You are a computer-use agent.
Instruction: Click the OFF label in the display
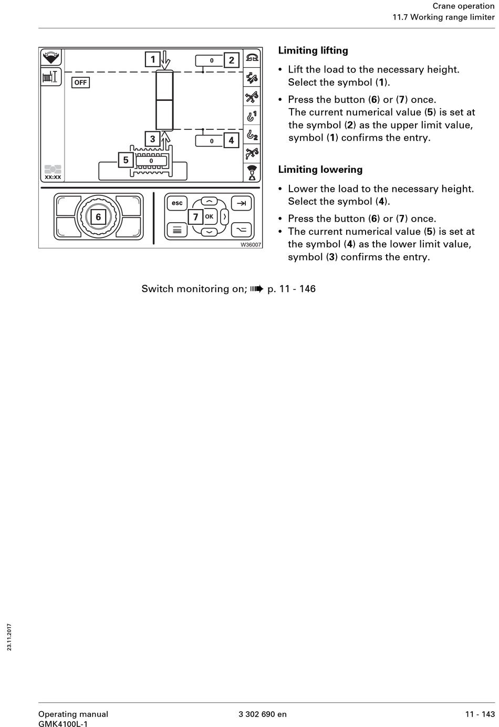pos(80,82)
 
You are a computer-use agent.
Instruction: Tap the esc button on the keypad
pos(177,203)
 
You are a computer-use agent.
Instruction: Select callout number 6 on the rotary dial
pos(98,217)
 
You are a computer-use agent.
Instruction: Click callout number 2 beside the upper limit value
pos(231,60)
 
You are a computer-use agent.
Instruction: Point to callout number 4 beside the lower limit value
pos(231,140)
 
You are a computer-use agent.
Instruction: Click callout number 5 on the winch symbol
pos(126,160)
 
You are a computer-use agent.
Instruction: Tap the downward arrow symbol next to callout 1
pos(166,60)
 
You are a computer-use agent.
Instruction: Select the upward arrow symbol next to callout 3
pos(166,140)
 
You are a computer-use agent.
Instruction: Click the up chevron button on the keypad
pos(209,202)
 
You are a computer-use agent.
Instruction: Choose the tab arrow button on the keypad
pos(241,203)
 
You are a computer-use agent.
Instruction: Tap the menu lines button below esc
pos(177,230)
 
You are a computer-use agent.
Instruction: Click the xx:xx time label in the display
pos(53,177)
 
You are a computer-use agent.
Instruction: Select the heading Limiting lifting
pos(313,50)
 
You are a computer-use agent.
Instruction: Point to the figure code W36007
pos(251,244)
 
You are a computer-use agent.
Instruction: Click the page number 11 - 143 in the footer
pos(480,714)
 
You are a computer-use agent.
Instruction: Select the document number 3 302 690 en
pos(263,714)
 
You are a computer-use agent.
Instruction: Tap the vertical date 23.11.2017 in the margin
pos(9,637)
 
